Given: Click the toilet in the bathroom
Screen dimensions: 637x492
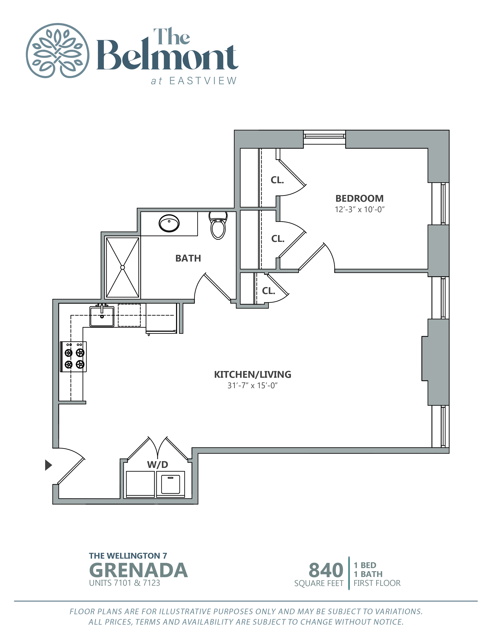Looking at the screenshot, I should (x=218, y=226).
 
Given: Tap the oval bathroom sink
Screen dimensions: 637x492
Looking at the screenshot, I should (x=169, y=223).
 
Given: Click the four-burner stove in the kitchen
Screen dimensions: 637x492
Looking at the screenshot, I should (x=74, y=356).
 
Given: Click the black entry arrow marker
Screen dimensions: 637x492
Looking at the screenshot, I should (x=48, y=465).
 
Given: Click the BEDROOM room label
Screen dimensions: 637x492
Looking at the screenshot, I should (x=359, y=198).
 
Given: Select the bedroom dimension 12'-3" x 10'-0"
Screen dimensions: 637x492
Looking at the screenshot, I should (x=359, y=209).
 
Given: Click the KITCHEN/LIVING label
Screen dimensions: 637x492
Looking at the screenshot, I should (x=252, y=374).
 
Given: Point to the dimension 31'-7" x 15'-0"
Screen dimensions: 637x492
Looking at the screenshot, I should (x=252, y=386).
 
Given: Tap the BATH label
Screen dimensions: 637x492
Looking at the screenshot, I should (x=188, y=258).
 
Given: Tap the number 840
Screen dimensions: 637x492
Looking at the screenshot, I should (x=326, y=570).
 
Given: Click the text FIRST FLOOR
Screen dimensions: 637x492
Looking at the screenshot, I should (x=377, y=583).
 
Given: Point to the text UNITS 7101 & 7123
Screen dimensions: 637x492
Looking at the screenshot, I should (x=124, y=583).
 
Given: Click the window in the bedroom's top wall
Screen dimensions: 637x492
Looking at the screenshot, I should (x=324, y=136).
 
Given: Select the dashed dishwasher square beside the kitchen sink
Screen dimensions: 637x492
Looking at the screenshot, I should (x=129, y=315).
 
